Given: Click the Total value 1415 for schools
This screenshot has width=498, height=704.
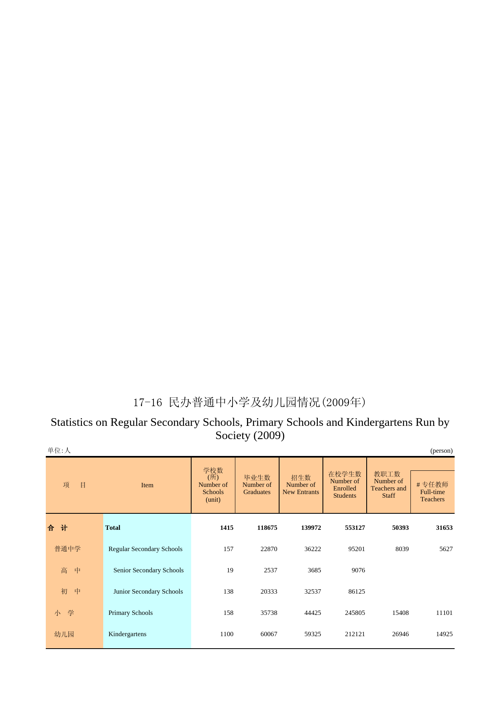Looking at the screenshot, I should tap(227, 528).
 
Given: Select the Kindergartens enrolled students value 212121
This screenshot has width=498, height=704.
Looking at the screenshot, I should tap(355, 634).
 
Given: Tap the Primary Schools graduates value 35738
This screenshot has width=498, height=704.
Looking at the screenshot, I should tap(269, 613).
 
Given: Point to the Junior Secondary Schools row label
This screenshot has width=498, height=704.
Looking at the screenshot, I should tap(148, 592).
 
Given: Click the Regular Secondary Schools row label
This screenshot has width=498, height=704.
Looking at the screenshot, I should tap(145, 549).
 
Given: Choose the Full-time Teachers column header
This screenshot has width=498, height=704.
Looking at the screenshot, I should tap(432, 492).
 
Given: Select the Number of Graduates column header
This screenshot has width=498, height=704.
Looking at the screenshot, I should tap(257, 485).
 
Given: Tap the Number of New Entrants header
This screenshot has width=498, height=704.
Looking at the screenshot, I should tap(301, 485).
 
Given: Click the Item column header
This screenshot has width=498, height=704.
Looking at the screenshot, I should tap(147, 485).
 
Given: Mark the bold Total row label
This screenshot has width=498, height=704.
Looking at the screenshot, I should tap(112, 528).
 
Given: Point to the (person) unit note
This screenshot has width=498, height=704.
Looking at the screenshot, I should tap(441, 451).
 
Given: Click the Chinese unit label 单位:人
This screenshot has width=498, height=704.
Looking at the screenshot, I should tap(59, 451).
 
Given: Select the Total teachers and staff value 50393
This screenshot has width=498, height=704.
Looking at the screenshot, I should tap(400, 528).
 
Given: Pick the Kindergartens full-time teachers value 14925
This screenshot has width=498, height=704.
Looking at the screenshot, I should tap(444, 634).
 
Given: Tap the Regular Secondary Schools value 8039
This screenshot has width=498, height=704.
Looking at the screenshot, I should tap(402, 549).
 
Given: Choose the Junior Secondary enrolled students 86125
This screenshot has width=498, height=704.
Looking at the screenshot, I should tap(356, 592).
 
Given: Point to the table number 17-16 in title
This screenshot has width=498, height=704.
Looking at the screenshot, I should tap(147, 403).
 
